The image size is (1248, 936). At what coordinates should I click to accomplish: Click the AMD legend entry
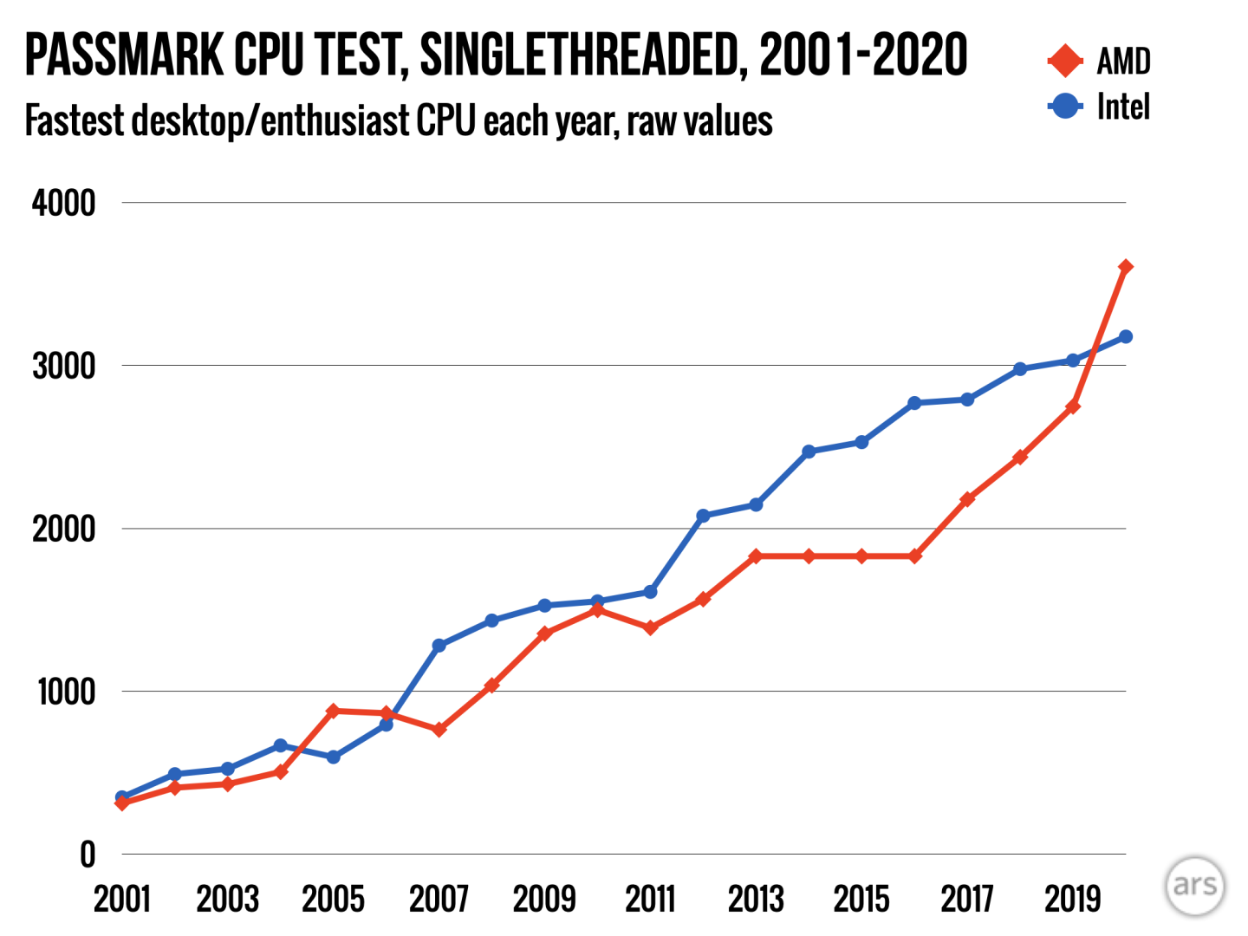click(1099, 61)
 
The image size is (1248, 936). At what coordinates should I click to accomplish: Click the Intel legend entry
click(1099, 107)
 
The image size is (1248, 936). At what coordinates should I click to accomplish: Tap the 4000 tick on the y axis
click(63, 203)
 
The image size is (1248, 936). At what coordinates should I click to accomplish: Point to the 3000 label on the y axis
click(63, 366)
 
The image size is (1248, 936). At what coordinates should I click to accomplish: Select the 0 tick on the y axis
click(87, 855)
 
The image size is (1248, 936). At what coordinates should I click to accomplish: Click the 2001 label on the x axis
click(122, 900)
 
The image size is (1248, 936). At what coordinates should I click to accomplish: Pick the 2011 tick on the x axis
click(650, 900)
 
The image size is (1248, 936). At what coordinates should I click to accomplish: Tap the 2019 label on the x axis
click(1072, 900)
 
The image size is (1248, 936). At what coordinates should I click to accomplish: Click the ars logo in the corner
click(1194, 886)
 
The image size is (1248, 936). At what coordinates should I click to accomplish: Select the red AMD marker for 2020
click(1125, 267)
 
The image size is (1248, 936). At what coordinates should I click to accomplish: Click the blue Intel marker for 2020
click(1125, 336)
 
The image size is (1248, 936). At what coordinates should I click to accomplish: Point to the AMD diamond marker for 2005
click(333, 711)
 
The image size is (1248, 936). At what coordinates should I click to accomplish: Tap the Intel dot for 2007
click(439, 646)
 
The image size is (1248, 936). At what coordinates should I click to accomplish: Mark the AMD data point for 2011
click(650, 627)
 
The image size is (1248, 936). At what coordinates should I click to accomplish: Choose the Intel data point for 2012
click(703, 516)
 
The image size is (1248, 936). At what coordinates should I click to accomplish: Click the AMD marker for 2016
click(914, 556)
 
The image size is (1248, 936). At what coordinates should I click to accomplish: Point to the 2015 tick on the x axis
click(861, 900)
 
